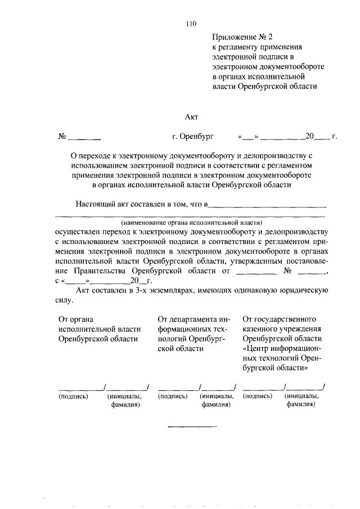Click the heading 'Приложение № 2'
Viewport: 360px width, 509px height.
click(237, 38)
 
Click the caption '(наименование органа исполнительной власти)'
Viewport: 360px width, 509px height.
click(191, 223)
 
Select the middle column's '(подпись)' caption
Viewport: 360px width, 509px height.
click(173, 396)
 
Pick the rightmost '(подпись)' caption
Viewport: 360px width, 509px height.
click(258, 396)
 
